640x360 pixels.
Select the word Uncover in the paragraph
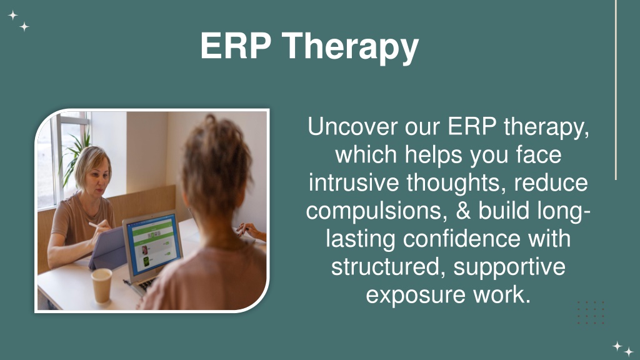(352, 126)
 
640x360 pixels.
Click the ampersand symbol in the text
(462, 210)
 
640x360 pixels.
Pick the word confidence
(462, 238)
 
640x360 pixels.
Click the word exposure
(416, 295)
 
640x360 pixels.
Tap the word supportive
(509, 267)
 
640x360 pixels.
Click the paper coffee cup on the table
(102, 285)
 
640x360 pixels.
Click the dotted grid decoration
(591, 312)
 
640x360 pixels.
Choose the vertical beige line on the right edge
(616, 90)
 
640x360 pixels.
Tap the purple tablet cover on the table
(108, 248)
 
